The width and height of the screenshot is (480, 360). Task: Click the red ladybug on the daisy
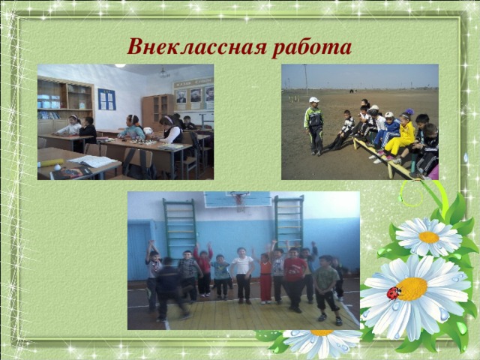pos(394,292)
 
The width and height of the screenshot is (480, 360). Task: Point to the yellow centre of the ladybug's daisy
pos(412,289)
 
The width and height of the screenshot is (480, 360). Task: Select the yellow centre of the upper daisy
pos(428,237)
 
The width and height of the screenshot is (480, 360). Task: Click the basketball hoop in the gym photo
pos(238,198)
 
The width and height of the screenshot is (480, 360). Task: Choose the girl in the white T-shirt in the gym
pos(242,274)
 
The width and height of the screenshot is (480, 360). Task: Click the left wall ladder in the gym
pos(181,225)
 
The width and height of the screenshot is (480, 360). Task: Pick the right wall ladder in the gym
pos(288,222)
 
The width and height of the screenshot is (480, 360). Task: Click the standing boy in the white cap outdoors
pos(313,124)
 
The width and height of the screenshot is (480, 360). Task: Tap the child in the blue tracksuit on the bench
pos(388,132)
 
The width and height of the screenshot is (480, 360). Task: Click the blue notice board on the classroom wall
pos(106,99)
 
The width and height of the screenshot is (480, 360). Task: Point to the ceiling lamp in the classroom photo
pos(164,73)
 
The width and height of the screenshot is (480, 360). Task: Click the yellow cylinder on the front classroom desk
pos(50,162)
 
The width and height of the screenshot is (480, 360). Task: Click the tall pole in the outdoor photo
pos(306,80)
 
